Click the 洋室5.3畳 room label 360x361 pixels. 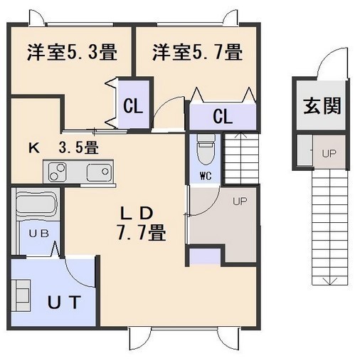pos(72,53)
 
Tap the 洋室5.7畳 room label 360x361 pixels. pos(197,53)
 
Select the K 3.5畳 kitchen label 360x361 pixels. pos(63,148)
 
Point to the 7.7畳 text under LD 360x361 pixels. pos(142,232)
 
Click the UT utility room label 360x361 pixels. pos(65,302)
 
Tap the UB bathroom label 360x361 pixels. pos(39,234)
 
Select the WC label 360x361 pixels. pos(206,176)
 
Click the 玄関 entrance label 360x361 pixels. pos(322,106)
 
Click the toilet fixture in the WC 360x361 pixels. pos(206,150)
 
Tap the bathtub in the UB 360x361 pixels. pos(37,204)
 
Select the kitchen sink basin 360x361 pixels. pos(99,172)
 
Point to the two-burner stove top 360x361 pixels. pos(57,172)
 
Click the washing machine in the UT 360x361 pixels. pos(21,295)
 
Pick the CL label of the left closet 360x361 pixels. pos(133,107)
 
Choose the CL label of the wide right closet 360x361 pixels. pos(223,117)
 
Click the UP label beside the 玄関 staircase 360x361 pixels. pos(329,154)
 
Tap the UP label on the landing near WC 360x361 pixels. pos(240,202)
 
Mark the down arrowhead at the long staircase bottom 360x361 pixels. pos(330,281)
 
